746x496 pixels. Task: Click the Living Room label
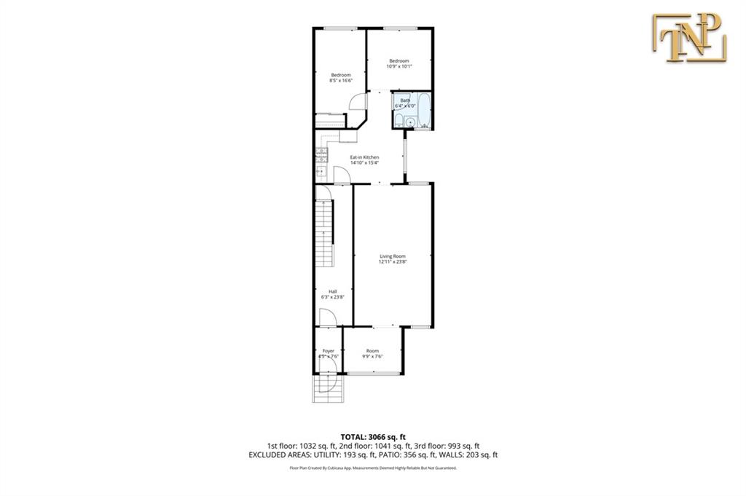coord(392,259)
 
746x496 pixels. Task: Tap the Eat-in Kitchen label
coord(364,160)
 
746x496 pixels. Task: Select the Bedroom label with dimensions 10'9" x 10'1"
coord(398,63)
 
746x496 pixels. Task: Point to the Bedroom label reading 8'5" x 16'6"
coord(341,77)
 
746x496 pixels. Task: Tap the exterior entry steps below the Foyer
coord(324,391)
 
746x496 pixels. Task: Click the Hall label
coord(332,294)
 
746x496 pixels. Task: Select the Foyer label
coord(329,353)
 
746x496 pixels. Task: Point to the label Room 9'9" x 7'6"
coord(373,353)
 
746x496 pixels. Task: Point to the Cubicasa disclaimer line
coord(372,468)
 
